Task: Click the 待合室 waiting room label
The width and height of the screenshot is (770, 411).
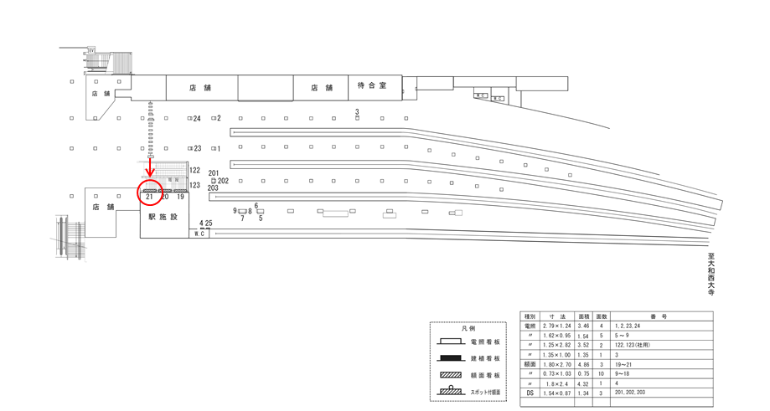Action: (372, 86)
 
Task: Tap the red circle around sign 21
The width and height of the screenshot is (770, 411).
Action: (150, 192)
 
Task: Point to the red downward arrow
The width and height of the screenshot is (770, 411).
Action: (150, 171)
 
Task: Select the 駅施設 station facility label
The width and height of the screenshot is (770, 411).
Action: (163, 217)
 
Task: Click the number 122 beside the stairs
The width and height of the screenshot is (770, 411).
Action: (195, 171)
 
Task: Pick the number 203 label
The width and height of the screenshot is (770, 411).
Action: (213, 188)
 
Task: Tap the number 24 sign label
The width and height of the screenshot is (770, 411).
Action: (197, 119)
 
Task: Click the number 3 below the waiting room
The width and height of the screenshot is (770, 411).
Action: (357, 111)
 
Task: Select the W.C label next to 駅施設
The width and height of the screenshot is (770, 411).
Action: (199, 234)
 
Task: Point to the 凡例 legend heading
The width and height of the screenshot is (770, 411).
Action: (469, 329)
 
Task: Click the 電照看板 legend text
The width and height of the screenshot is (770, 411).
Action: (488, 343)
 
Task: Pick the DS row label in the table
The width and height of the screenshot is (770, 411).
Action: (530, 392)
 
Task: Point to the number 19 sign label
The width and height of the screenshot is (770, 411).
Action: (180, 198)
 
